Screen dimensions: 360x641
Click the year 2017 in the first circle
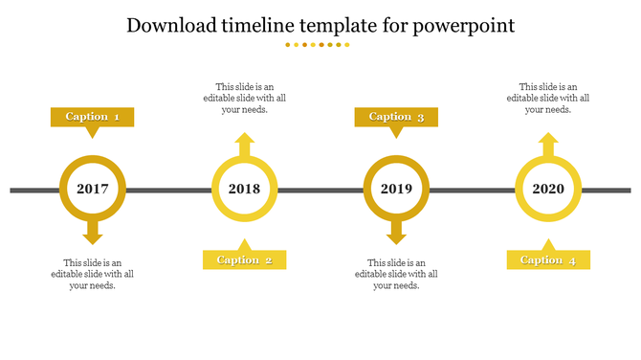pos(93,190)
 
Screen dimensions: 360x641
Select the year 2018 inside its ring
pos(245,190)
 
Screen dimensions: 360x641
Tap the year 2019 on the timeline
pos(396,190)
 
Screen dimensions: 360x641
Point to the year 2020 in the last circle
pos(548,190)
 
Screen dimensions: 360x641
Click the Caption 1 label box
pos(92,117)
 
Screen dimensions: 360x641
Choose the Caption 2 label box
pos(244,259)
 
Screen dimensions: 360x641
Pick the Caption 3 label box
pos(396,117)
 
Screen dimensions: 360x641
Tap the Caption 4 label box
pos(548,259)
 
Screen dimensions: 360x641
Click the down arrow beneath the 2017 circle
pos(93,232)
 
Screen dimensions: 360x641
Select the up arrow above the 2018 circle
pos(245,146)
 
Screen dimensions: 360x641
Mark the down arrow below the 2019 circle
pos(396,232)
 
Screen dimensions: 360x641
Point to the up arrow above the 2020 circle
pos(548,146)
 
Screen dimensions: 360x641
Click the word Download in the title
pos(172,26)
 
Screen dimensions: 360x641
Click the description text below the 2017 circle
pos(93,274)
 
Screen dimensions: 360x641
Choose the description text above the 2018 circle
pos(245,98)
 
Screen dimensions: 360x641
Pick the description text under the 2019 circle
pos(396,274)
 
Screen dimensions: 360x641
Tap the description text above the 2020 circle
pos(548,98)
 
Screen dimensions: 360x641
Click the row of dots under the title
pos(320,45)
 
